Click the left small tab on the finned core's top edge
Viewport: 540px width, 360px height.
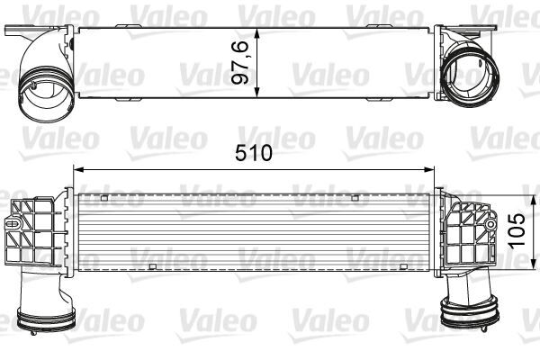pos(104,196)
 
